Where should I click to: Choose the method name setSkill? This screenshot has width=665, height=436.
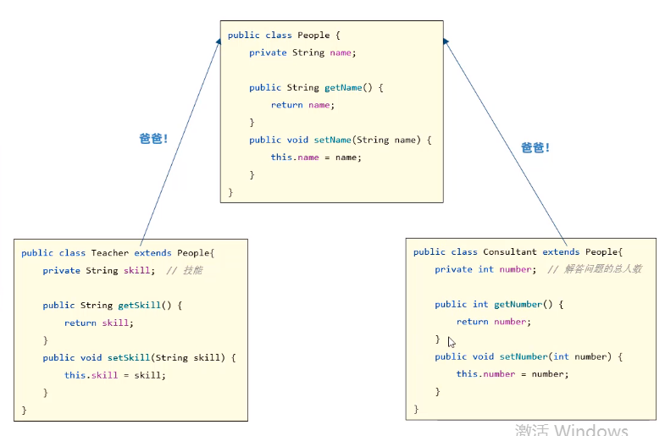128,358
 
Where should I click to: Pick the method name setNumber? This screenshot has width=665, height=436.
521,357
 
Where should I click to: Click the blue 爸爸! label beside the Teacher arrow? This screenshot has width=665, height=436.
153,138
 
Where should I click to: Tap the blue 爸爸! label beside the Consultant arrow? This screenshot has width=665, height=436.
535,147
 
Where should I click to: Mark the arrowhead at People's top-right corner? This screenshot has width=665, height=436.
446,43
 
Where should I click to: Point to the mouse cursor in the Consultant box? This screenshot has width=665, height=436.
452,342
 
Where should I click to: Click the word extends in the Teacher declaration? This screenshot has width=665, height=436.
152,253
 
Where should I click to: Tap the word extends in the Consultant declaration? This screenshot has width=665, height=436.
561,252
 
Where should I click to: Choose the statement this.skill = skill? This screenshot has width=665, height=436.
115,375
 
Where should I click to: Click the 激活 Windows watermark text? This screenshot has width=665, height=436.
571,429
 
